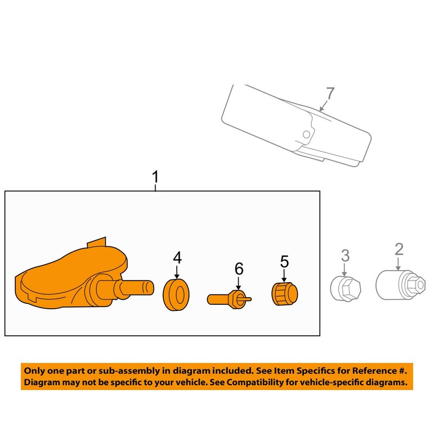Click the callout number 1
tap(156, 177)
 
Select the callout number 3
tap(344, 254)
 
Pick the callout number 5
tap(284, 261)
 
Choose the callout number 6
tap(239, 268)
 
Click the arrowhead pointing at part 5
tap(284, 278)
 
